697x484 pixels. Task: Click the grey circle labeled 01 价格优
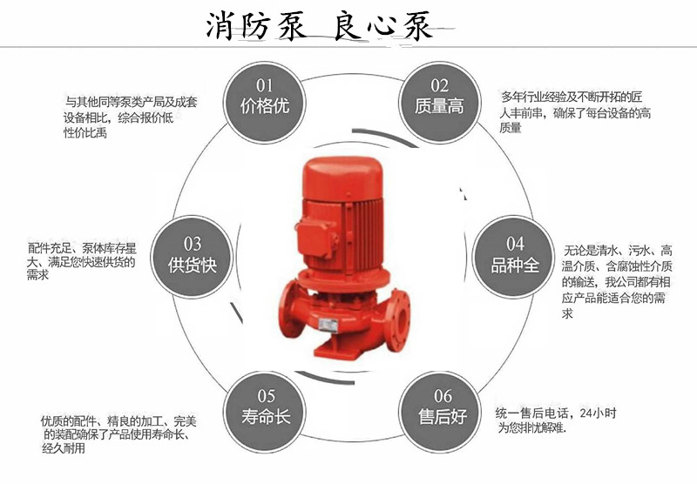click(265, 102)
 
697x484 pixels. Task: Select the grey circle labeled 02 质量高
click(440, 102)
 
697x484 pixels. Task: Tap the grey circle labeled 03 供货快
click(192, 258)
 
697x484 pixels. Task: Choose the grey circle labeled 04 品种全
click(514, 258)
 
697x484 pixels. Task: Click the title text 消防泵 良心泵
click(320, 25)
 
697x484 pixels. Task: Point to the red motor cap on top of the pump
click(342, 177)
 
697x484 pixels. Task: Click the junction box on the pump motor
click(316, 238)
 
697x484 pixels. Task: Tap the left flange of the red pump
click(291, 309)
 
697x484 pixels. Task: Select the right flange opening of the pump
click(399, 319)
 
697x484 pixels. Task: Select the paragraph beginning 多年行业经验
click(575, 111)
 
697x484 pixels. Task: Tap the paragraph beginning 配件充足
click(81, 261)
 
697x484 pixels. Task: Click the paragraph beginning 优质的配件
click(118, 434)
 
